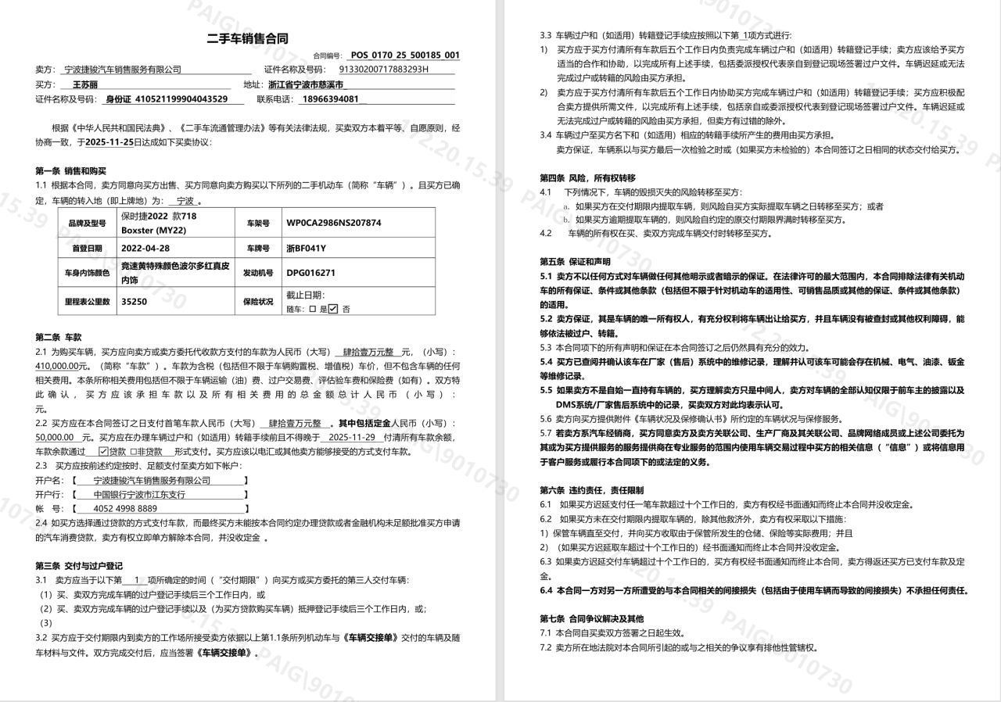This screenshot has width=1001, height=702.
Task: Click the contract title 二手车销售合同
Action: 248,38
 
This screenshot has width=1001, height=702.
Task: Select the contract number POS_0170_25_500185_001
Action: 405,56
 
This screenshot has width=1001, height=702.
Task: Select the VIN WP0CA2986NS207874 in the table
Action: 334,223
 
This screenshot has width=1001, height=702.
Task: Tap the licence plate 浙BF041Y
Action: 307,249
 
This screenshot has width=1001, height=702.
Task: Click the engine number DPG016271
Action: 310,274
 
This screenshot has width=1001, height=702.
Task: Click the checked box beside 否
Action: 333,309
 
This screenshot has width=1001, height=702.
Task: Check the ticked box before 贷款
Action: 103,451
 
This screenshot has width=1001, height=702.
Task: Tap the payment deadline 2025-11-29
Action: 352,437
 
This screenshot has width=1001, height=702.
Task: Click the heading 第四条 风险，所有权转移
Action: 587,177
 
